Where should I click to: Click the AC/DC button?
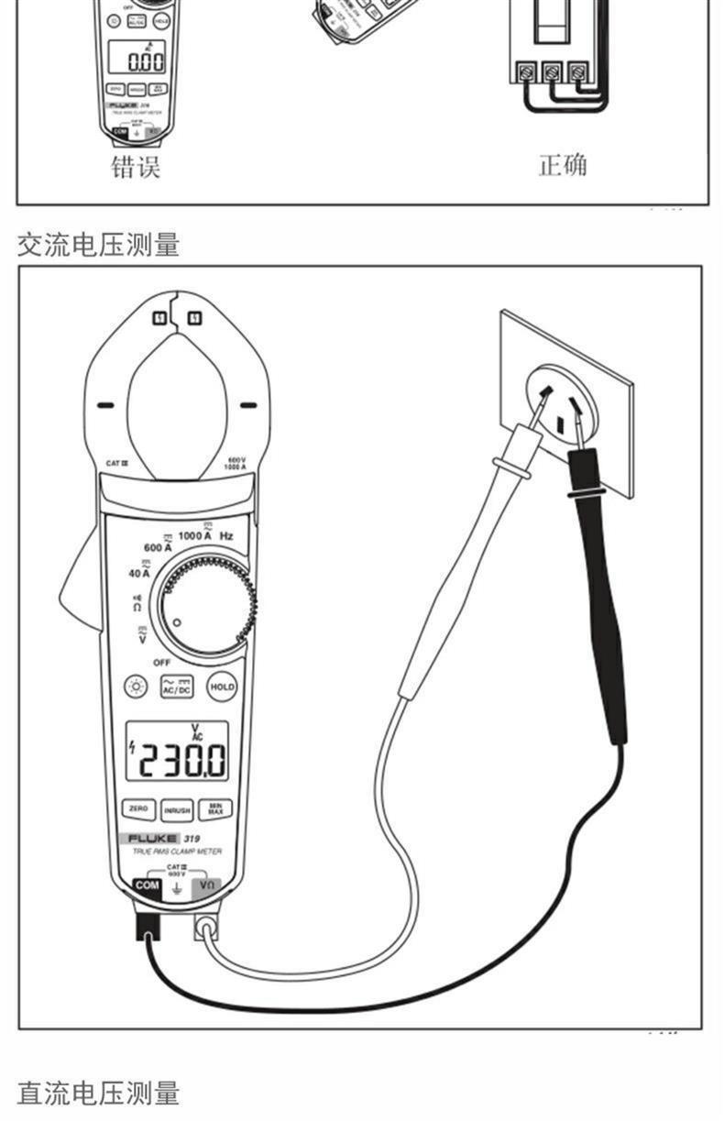coord(177,686)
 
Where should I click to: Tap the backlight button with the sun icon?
coord(137,686)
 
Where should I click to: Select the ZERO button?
coord(138,809)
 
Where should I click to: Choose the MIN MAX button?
coord(215,809)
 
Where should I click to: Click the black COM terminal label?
coord(147,885)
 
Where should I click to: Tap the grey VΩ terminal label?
coord(207,885)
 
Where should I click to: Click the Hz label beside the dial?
coord(225,535)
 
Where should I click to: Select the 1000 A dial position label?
coord(195,534)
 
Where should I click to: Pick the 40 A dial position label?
coord(139,573)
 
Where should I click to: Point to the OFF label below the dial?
coord(161,662)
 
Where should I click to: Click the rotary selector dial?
coord(204,606)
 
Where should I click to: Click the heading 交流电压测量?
coord(98,245)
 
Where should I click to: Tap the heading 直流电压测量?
coord(98,1093)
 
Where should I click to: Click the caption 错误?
coord(136,167)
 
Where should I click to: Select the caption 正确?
coord(562,165)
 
